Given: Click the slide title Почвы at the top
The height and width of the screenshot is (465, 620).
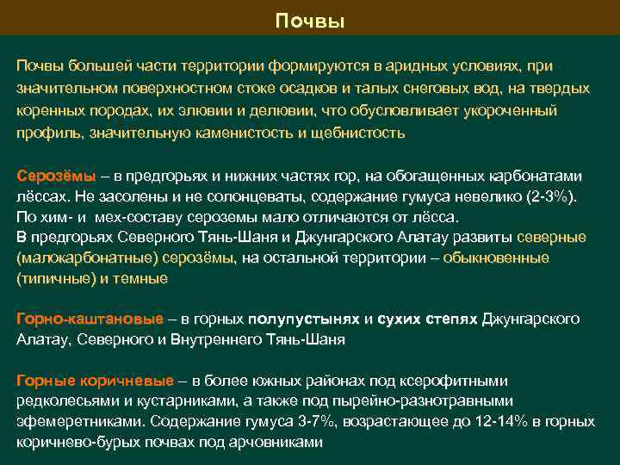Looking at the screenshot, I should (x=310, y=21).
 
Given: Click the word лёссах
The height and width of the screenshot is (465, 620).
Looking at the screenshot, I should (x=38, y=196).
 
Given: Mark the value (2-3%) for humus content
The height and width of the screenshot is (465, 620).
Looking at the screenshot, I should (x=550, y=196).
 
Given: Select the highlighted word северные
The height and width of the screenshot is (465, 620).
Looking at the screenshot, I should (x=552, y=238).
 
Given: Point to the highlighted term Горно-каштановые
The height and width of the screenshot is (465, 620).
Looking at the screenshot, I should (x=90, y=319).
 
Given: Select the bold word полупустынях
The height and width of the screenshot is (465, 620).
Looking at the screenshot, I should (x=304, y=319).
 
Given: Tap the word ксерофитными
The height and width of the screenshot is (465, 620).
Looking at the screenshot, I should (x=464, y=380).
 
